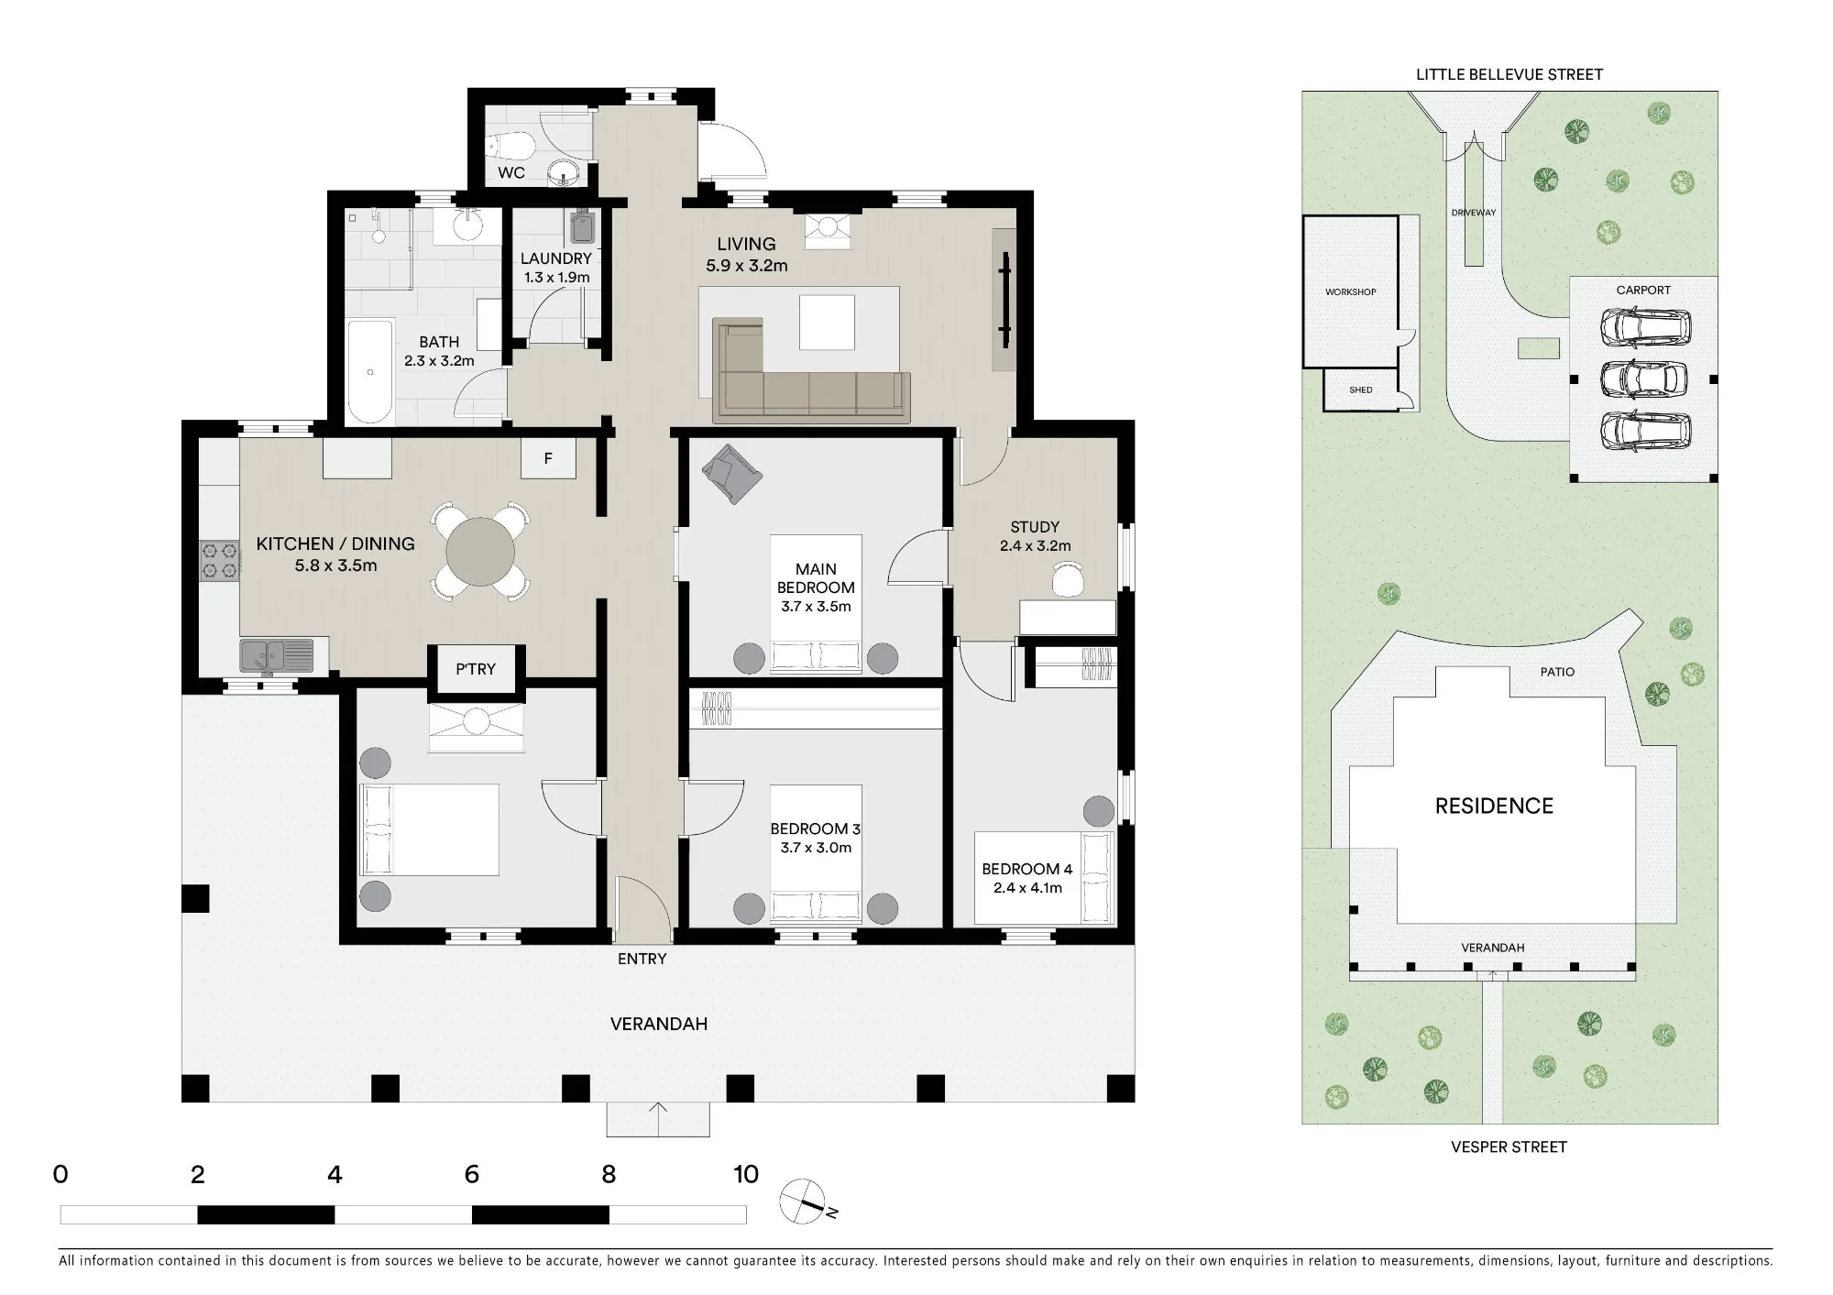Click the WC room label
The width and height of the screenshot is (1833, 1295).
tap(511, 172)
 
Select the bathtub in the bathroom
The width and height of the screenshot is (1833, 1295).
tap(369, 371)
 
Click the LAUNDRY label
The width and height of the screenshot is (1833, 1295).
tap(555, 258)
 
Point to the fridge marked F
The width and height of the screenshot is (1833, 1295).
tap(548, 458)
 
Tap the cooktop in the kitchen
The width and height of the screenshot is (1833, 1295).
tap(220, 560)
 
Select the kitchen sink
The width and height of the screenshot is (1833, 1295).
tap(276, 656)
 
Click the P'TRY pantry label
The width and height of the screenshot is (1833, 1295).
tap(476, 669)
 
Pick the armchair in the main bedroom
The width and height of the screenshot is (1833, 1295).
tap(731, 473)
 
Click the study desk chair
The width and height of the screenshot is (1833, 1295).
tap(1068, 579)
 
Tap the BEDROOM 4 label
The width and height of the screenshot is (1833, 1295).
tap(1026, 869)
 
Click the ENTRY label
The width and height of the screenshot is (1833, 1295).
tap(642, 959)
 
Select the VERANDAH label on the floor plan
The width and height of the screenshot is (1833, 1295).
tap(659, 1024)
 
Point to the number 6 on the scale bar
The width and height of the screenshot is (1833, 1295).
tap(472, 1174)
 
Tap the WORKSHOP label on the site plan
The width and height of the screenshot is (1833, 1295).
tap(1350, 292)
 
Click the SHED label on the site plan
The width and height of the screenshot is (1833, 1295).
tap(1361, 390)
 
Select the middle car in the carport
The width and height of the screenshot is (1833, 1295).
tap(1644, 379)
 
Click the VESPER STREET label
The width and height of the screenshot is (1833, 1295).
tap(1509, 1147)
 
